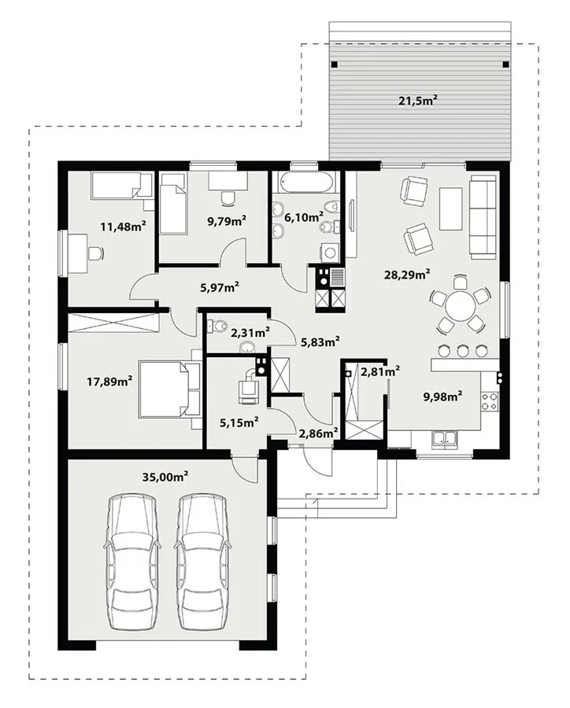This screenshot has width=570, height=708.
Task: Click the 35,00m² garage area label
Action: (x=165, y=477)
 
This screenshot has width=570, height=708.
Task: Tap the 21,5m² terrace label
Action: (x=418, y=100)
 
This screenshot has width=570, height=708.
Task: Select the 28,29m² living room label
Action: (x=407, y=274)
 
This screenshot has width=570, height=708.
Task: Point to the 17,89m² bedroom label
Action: (x=109, y=382)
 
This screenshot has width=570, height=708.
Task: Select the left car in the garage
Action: (x=132, y=561)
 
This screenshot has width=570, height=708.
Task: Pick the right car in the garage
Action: (x=202, y=561)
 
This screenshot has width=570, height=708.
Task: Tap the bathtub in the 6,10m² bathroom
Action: (x=306, y=183)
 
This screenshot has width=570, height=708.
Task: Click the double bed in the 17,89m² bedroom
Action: (x=169, y=389)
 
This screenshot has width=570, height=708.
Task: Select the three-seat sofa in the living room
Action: (x=483, y=218)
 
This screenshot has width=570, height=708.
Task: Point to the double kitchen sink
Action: (x=444, y=439)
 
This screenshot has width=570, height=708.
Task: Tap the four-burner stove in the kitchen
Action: (x=490, y=401)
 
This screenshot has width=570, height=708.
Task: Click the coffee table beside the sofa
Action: (x=450, y=208)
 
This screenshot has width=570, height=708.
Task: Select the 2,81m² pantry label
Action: (x=379, y=371)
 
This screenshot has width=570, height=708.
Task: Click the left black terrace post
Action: (x=334, y=65)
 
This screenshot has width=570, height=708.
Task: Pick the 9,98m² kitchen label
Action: (x=442, y=396)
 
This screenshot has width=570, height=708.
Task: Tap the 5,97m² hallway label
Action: (x=219, y=286)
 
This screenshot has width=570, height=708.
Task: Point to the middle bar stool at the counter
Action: (x=462, y=350)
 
